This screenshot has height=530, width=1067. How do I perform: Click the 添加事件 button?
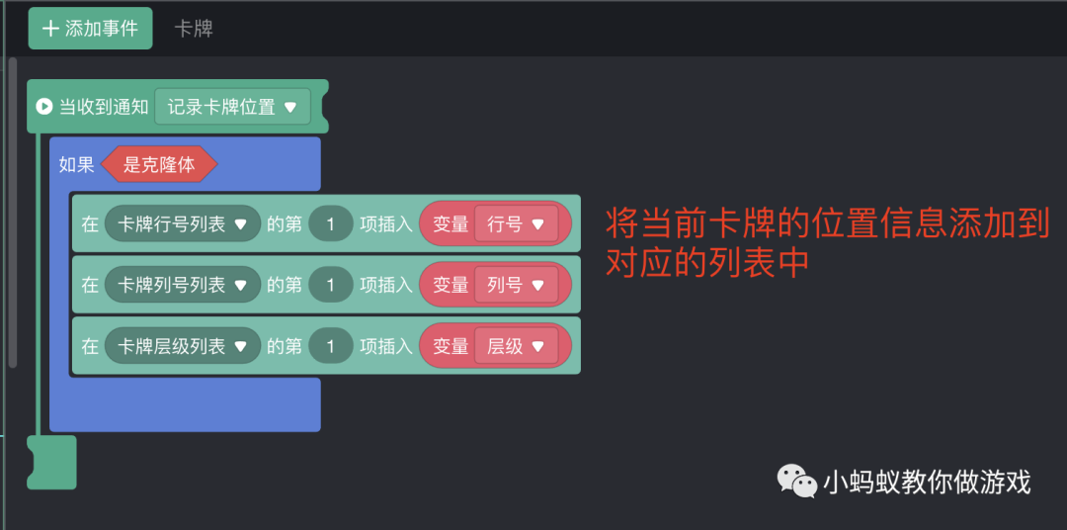[x=90, y=29]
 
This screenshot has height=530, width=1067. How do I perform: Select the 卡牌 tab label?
[x=194, y=29]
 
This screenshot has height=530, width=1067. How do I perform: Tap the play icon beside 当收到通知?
[x=43, y=107]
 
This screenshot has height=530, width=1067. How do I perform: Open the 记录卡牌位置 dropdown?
[x=232, y=107]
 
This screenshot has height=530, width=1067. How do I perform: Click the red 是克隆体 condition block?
[x=159, y=165]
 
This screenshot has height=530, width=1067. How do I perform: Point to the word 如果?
[x=76, y=165]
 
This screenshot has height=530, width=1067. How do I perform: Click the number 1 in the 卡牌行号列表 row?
[x=331, y=224]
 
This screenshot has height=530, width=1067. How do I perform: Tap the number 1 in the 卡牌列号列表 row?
[x=331, y=285]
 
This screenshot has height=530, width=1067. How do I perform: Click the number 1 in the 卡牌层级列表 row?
[x=331, y=346]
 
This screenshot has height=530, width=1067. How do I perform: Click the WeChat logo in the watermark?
[x=796, y=482]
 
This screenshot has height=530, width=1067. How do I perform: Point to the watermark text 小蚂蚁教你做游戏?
[x=927, y=482]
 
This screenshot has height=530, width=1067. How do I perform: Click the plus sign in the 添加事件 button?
[x=50, y=29]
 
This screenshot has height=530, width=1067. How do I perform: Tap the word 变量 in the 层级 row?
[x=451, y=346]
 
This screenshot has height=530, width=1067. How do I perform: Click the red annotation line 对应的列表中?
[x=707, y=263]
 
